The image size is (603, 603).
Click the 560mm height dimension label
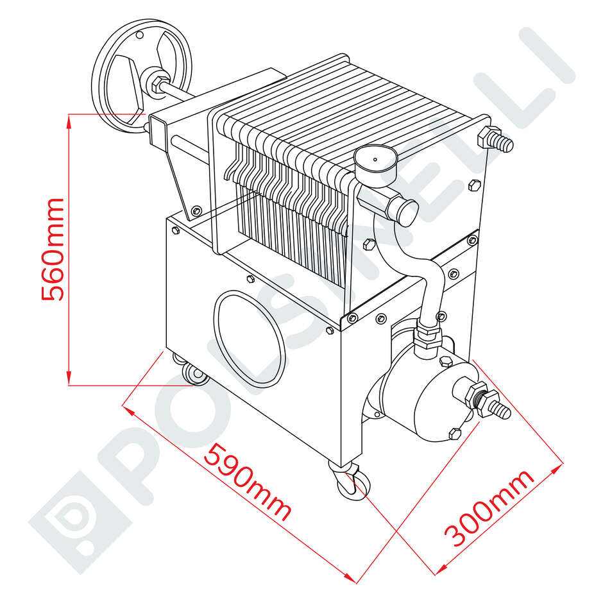pyautogui.click(x=53, y=249)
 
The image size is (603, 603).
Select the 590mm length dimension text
pyautogui.click(x=248, y=482)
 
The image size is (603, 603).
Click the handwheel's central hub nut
pyautogui.click(x=157, y=83)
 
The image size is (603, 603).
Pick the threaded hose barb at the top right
pyautogui.click(x=495, y=139)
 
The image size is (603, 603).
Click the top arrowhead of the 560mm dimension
pyautogui.click(x=69, y=120)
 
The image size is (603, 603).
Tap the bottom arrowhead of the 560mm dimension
pyautogui.click(x=69, y=378)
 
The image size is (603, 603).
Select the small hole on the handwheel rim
pyautogui.click(x=140, y=36)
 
